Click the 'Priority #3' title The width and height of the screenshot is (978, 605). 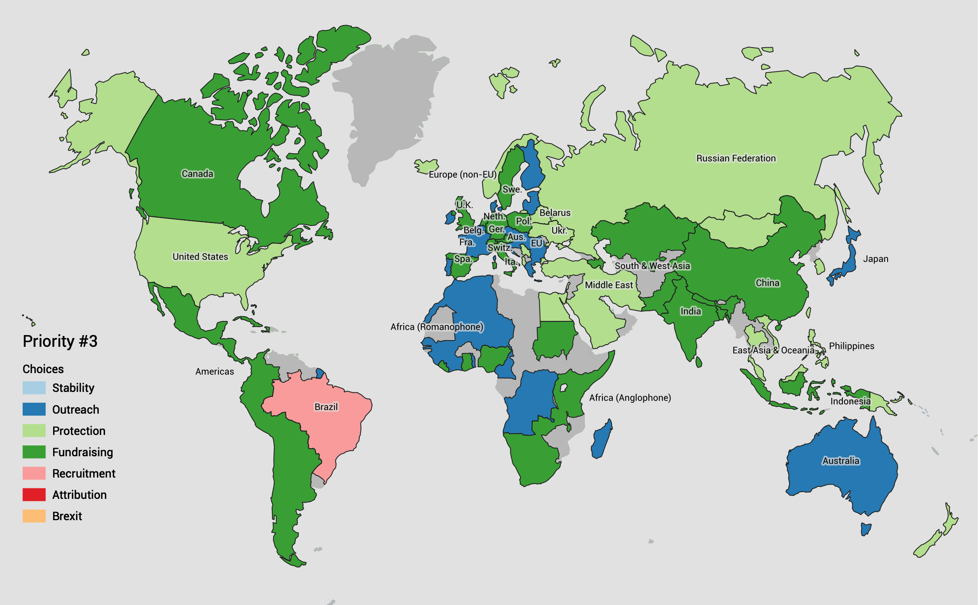coord(60,341)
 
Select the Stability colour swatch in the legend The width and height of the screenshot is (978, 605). coord(34,388)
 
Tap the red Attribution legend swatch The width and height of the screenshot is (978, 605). coord(34,495)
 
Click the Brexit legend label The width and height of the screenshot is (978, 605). coord(67,516)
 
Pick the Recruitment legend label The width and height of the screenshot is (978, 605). coord(84,474)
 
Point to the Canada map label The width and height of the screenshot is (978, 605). coord(197,174)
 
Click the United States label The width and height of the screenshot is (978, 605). coord(200,257)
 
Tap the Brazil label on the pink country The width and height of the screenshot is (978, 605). coord(326,407)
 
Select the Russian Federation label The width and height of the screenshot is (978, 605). coord(736,158)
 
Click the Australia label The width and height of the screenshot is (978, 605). coord(841,461)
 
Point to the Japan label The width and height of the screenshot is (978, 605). coord(876,259)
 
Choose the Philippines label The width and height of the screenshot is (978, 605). coord(851,346)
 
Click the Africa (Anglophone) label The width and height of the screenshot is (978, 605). coord(630,398)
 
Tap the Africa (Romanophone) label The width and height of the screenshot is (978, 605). coord(437,327)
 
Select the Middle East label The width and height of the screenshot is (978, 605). coord(609,285)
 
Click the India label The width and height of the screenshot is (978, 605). coord(691,311)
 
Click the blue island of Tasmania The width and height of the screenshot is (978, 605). coord(865,529)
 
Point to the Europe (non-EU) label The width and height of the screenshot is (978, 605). coord(462,175)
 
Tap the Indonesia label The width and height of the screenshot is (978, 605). coord(850,402)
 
